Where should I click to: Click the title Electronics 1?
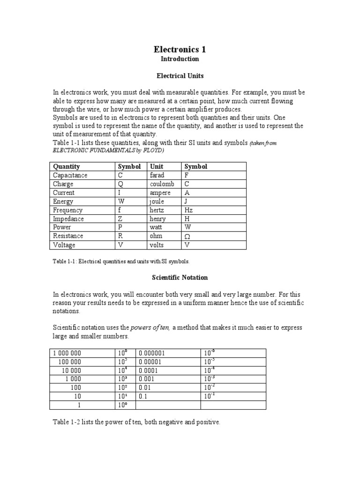pyautogui.click(x=180, y=49)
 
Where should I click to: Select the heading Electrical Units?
pyautogui.click(x=180, y=75)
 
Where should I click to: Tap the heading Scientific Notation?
pyautogui.click(x=180, y=277)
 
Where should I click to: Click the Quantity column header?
pyautogui.click(x=67, y=166)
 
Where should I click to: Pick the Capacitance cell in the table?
pyautogui.click(x=70, y=175)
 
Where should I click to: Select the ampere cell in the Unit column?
pyautogui.click(x=160, y=193)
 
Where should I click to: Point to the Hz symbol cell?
pyautogui.click(x=189, y=210)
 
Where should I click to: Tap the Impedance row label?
pyautogui.click(x=68, y=219)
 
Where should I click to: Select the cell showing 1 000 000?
pyautogui.click(x=67, y=353)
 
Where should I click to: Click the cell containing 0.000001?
pyautogui.click(x=151, y=353)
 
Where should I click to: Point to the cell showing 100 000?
pyautogui.click(x=69, y=362)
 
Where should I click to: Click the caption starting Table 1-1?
pyautogui.click(x=121, y=261)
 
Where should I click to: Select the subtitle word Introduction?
pyautogui.click(x=180, y=59)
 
